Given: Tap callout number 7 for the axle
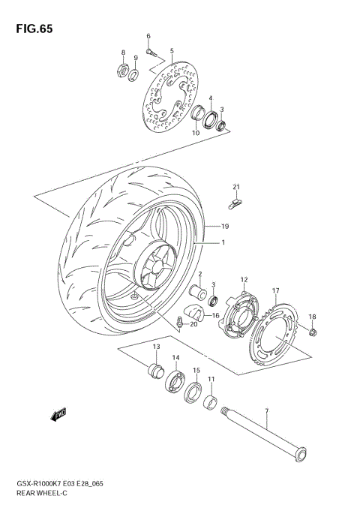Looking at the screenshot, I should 265,410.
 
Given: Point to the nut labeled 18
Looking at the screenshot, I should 313,332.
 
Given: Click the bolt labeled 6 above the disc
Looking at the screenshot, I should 151,52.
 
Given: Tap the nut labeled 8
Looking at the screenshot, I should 120,73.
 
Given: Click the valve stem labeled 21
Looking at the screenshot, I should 235,202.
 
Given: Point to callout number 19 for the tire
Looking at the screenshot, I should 224,225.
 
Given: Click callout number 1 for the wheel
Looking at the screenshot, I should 222,243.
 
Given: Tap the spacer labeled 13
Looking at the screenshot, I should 156,369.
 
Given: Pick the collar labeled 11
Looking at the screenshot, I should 211,403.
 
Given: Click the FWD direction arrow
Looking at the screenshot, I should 59,413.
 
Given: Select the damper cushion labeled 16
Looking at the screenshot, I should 196,312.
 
